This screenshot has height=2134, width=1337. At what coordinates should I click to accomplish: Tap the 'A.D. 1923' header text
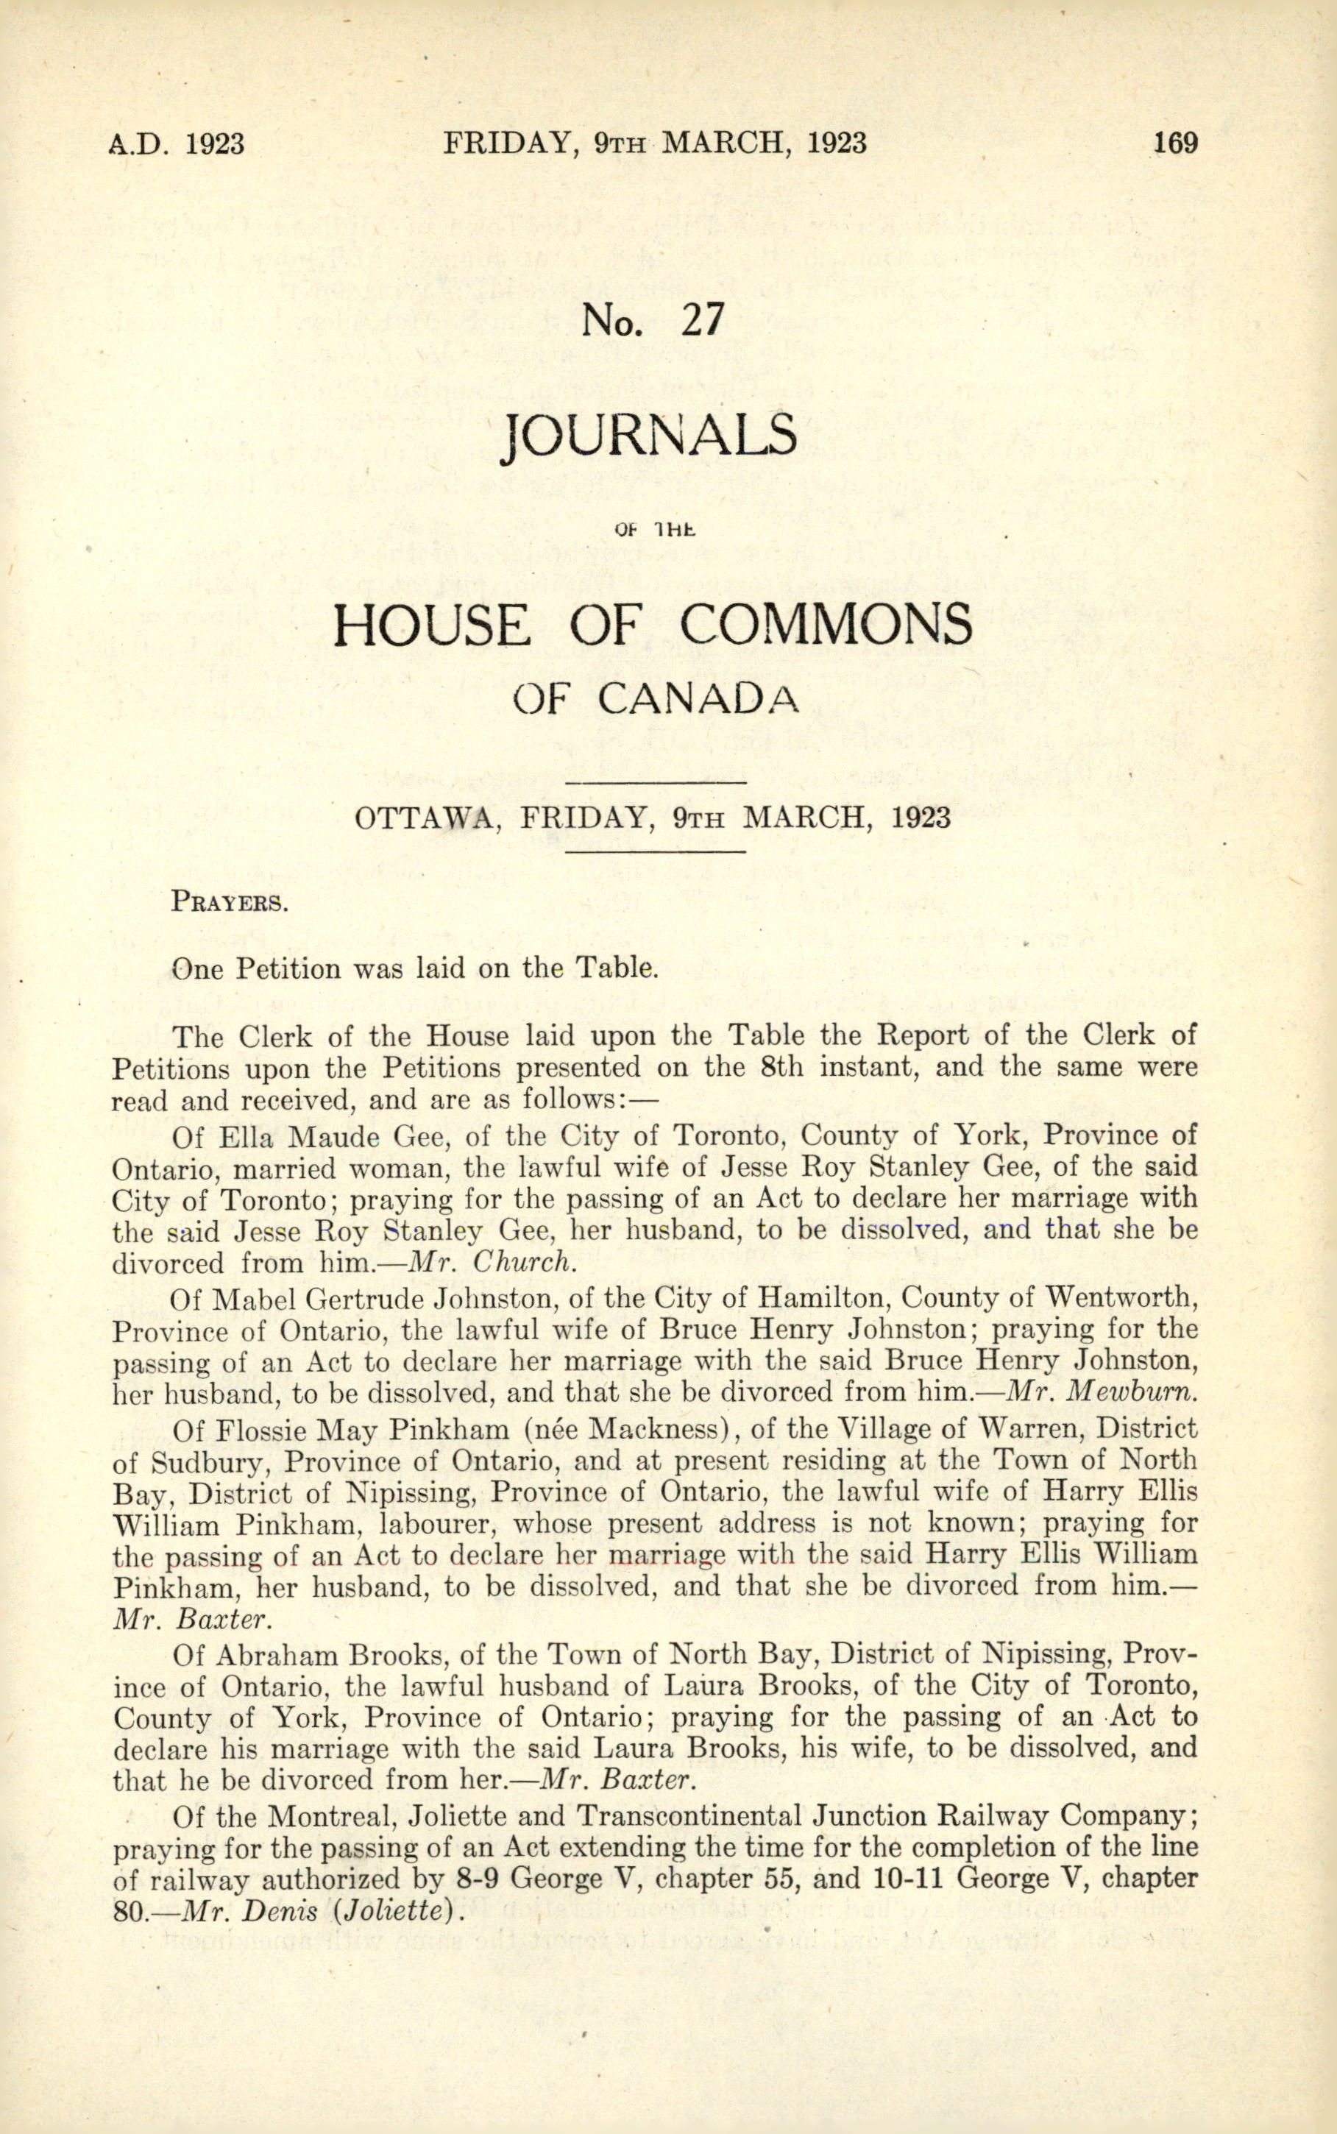176,143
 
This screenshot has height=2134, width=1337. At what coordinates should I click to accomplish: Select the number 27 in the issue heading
702,320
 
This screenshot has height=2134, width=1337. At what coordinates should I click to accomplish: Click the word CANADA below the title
698,699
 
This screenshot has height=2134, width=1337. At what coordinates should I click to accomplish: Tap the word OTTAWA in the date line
422,817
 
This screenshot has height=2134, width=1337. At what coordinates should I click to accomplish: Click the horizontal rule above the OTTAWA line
655,783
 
